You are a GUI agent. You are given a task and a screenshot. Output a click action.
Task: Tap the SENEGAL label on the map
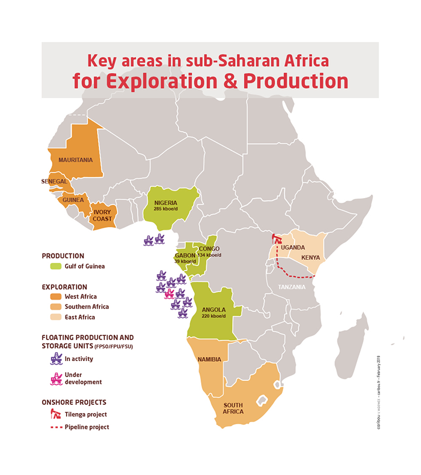coord(54,182)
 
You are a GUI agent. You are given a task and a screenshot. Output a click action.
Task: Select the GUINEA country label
coord(74,199)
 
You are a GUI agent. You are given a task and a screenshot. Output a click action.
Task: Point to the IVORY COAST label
coord(102,215)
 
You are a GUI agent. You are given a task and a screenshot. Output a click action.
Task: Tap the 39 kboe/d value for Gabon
coord(186,261)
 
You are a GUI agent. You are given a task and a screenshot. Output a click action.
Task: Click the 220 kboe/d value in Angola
coord(214,315)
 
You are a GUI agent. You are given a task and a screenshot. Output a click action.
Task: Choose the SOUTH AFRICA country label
coord(233,408)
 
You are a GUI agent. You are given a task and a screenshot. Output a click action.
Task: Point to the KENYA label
coord(310,258)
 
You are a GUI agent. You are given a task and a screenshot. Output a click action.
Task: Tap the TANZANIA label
coord(292,287)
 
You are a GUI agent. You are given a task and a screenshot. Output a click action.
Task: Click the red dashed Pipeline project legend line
coord(56,427)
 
